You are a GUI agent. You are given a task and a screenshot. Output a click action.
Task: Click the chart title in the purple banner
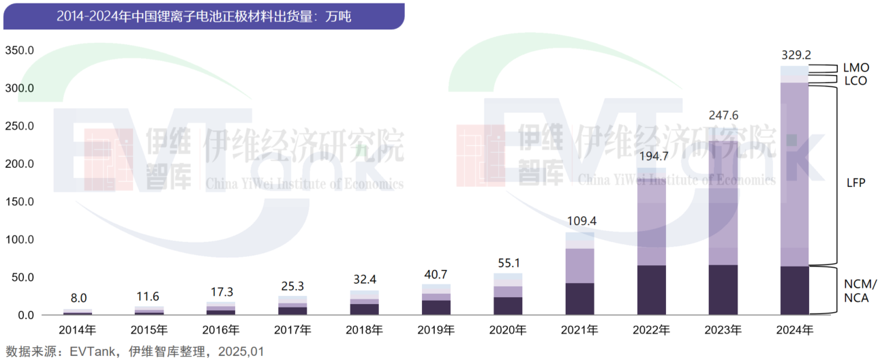pos(203,16)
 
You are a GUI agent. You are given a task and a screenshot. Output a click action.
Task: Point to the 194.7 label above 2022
pos(652,155)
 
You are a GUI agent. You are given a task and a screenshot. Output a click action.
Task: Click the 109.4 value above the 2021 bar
pos(579,221)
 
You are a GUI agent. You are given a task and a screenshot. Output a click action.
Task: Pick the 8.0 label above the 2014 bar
pos(78,298)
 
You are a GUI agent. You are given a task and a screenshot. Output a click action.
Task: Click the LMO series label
pos(856,68)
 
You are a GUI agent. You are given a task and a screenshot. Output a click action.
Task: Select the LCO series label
pos(856,80)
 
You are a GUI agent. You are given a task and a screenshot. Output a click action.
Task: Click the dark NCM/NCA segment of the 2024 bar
pos(794,290)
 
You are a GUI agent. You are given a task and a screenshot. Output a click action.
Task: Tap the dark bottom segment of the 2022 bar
pos(651,290)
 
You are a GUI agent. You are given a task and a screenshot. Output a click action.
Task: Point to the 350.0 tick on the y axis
pos(20,51)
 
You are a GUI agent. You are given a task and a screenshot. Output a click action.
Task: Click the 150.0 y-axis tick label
pos(20,202)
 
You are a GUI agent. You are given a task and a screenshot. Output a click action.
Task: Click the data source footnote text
pos(134,351)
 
